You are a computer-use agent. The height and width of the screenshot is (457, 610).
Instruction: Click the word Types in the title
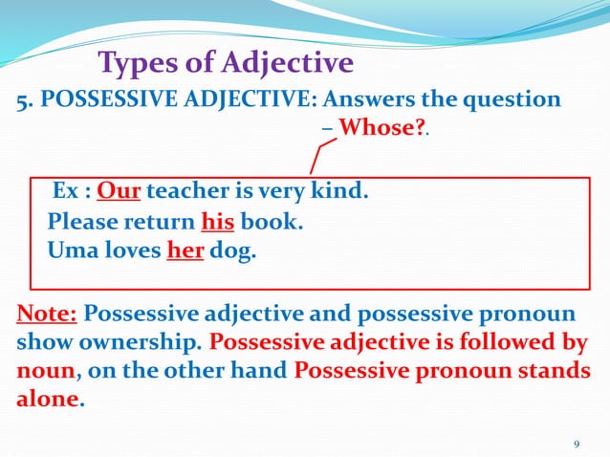pos(137,64)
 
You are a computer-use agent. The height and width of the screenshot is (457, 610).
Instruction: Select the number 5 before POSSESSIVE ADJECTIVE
pos(23,102)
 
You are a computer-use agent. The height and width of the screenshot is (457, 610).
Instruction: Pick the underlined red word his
pos(216,224)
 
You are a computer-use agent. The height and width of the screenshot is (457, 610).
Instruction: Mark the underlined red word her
pos(183,253)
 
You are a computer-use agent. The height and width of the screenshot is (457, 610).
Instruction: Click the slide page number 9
pos(576,444)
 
